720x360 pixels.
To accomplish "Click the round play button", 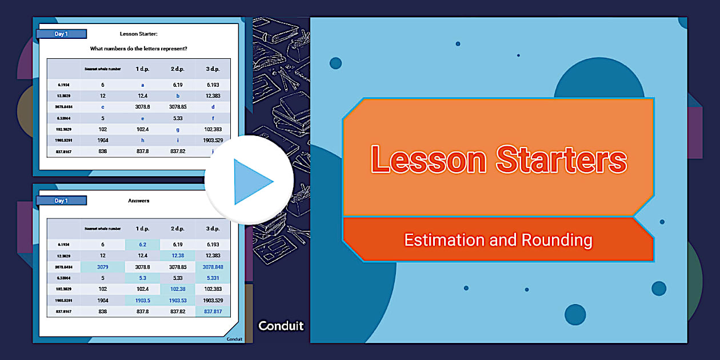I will [x=249, y=181].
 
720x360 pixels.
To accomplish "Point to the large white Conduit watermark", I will [x=281, y=326].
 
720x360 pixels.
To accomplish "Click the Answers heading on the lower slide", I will [x=139, y=201].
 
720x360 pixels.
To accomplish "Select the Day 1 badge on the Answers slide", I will [x=61, y=201].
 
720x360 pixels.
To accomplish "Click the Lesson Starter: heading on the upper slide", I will [x=139, y=34].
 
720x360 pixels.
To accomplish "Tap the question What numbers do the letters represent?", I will [x=139, y=49].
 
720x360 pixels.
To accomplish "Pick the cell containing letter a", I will [x=142, y=85].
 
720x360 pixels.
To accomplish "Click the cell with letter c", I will [x=102, y=107].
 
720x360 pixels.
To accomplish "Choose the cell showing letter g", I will [x=178, y=129].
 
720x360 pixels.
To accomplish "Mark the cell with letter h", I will [x=142, y=140].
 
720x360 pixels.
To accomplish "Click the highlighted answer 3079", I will [x=102, y=267].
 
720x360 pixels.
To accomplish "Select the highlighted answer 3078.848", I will [x=213, y=267].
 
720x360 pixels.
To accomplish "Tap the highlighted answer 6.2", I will [x=142, y=245].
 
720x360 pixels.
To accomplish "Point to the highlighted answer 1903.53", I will [x=178, y=300].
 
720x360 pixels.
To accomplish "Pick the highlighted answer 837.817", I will [x=213, y=311].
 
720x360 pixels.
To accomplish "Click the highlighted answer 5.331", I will [x=213, y=278].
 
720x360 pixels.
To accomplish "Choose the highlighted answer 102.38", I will [x=178, y=289].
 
